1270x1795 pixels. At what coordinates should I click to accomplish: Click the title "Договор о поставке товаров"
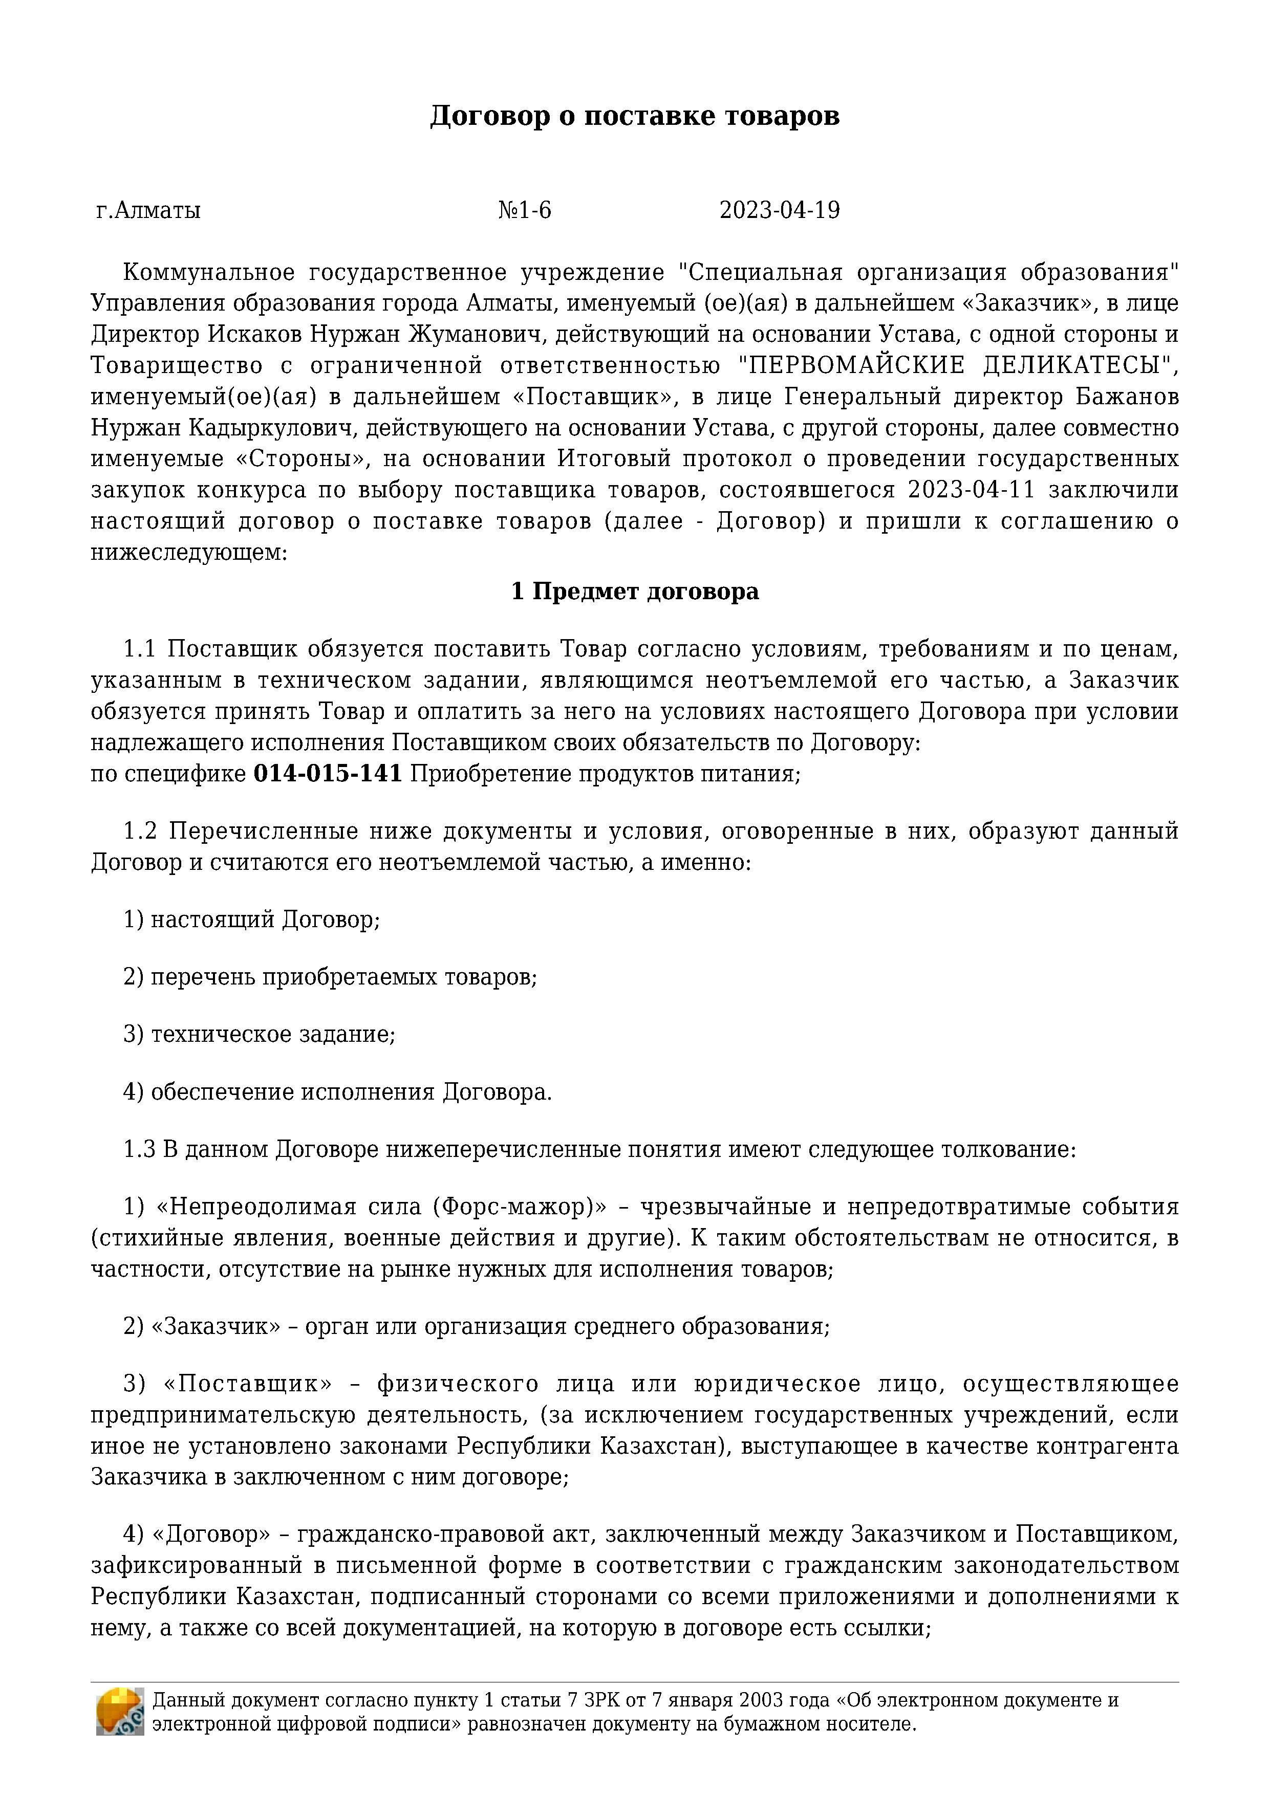[634, 116]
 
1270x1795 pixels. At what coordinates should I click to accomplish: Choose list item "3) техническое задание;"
[259, 1034]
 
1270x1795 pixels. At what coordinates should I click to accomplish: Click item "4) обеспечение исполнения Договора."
[337, 1091]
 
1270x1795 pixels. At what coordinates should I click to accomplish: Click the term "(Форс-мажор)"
[519, 1207]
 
